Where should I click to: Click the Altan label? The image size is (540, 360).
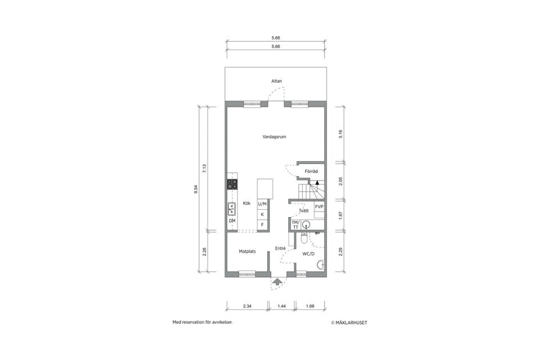[x=276, y=81]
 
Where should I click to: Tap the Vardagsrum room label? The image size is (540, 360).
[x=274, y=137]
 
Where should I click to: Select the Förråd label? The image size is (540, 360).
[x=311, y=171]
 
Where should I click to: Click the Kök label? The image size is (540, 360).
[x=246, y=203]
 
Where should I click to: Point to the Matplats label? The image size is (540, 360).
[x=247, y=251]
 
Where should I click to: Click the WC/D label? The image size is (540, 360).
[x=308, y=254]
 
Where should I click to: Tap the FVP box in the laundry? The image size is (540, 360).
[x=319, y=206]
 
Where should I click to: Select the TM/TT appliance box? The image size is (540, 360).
[x=295, y=224]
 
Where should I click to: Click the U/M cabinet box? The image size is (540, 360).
[x=263, y=204]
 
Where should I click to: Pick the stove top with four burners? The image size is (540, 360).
[x=232, y=184]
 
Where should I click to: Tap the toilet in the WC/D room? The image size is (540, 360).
[x=304, y=238]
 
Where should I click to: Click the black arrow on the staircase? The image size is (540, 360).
[x=317, y=183]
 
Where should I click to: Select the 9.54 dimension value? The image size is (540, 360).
[x=196, y=189]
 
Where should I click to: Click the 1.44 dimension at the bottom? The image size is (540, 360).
[x=282, y=306]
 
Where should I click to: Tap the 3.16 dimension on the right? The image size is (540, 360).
[x=341, y=134]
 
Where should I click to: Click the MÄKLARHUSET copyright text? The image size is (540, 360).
[x=349, y=323]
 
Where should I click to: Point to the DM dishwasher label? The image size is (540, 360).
[x=232, y=220]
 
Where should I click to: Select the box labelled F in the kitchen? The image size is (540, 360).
[x=263, y=224]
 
